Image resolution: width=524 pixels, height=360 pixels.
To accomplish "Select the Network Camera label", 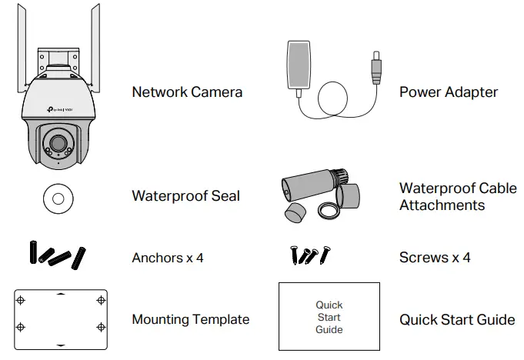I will tap(187, 92).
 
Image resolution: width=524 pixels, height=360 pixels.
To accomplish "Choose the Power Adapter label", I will tap(448, 92).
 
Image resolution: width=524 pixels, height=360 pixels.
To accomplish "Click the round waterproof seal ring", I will tap(57, 197).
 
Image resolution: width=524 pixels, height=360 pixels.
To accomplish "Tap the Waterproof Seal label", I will tap(185, 196).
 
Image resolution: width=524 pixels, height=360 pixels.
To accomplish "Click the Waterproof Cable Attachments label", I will tap(457, 197).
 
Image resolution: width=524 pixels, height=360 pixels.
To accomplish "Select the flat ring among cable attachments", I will tap(329, 209).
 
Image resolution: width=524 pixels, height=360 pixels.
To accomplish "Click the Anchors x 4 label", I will tap(167, 258).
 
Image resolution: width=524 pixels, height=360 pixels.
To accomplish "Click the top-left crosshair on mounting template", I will tap(22, 300).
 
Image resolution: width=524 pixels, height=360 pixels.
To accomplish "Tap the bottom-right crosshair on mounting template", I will tap(100, 327).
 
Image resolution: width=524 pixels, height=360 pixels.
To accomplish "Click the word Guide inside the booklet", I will tap(329, 330).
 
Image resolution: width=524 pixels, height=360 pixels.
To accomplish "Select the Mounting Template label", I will tap(190, 319).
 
